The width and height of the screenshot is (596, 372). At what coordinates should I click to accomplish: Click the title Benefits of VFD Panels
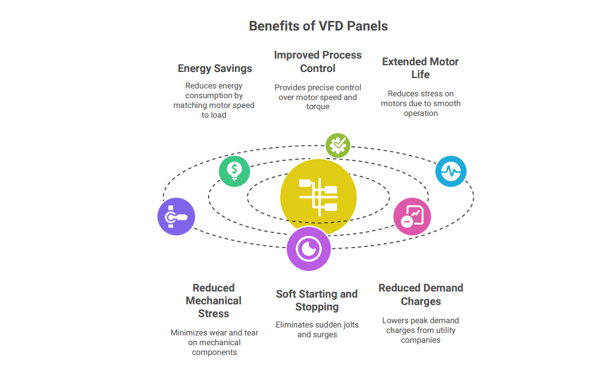[318, 26]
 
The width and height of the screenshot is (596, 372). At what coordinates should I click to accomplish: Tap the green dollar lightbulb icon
[234, 171]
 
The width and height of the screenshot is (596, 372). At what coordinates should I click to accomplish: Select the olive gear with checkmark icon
[338, 145]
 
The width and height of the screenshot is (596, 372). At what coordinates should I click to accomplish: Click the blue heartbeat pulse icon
[451, 171]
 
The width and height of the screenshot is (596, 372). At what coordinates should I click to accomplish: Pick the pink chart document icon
[412, 216]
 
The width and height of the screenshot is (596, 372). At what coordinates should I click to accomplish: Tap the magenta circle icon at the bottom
[309, 249]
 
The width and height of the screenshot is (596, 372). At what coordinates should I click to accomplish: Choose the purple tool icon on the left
[176, 216]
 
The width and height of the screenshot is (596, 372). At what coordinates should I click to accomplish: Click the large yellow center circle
[318, 197]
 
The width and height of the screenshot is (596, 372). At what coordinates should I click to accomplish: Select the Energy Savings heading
[215, 68]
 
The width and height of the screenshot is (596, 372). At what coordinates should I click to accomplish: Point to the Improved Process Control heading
[318, 62]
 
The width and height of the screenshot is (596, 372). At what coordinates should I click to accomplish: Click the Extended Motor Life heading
[420, 68]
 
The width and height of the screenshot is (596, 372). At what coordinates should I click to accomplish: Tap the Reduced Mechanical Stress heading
[214, 301]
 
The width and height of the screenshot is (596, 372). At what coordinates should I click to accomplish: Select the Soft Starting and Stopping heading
[317, 300]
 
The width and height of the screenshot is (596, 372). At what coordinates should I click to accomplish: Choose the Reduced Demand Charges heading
[421, 295]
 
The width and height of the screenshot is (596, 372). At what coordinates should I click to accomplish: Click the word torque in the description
[318, 107]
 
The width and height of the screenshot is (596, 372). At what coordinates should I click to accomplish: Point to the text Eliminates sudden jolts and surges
[317, 329]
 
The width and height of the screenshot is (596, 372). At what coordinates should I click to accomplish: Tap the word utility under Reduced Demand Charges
[445, 330]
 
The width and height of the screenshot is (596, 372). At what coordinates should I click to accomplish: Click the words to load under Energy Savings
[214, 115]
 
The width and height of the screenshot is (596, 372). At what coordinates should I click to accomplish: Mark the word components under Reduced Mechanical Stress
[214, 352]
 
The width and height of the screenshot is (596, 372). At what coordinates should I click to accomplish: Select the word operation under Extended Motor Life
[421, 113]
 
